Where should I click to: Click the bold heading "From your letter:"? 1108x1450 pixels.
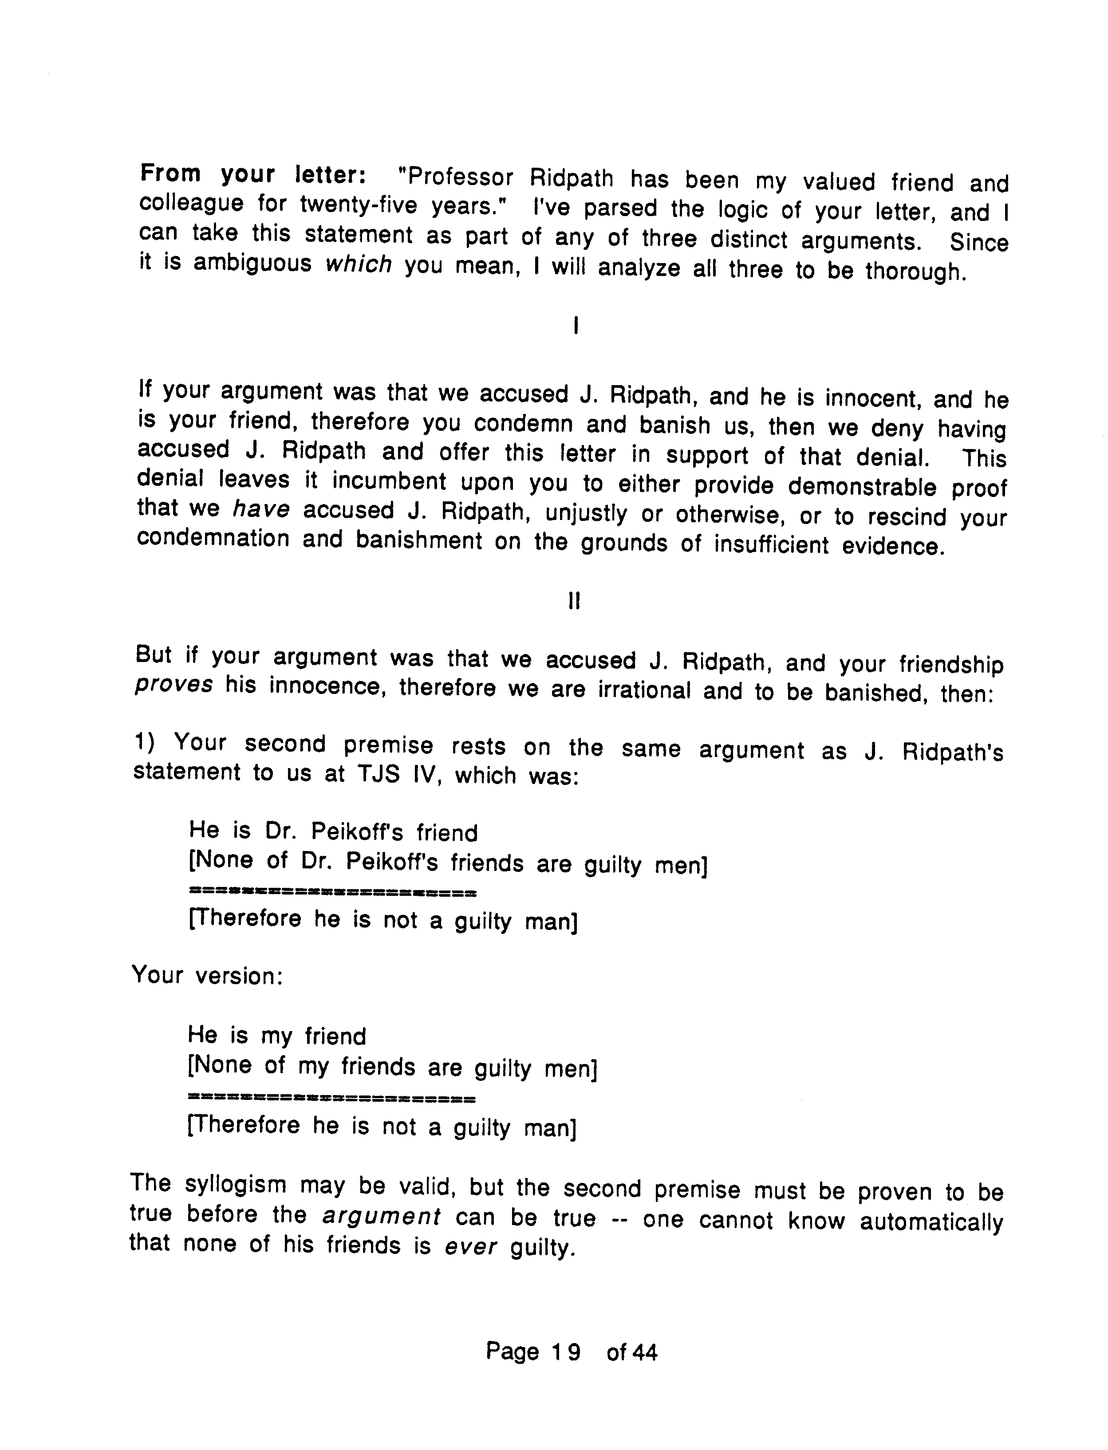tap(254, 175)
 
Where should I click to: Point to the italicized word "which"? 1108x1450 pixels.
tap(359, 264)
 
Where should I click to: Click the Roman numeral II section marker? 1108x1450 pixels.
tap(574, 601)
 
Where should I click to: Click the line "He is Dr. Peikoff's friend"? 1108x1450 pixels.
tap(333, 832)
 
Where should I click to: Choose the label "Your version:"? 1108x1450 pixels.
tap(208, 976)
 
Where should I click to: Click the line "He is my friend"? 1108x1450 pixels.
tap(276, 1036)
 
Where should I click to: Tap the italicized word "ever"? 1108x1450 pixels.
tap(471, 1247)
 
